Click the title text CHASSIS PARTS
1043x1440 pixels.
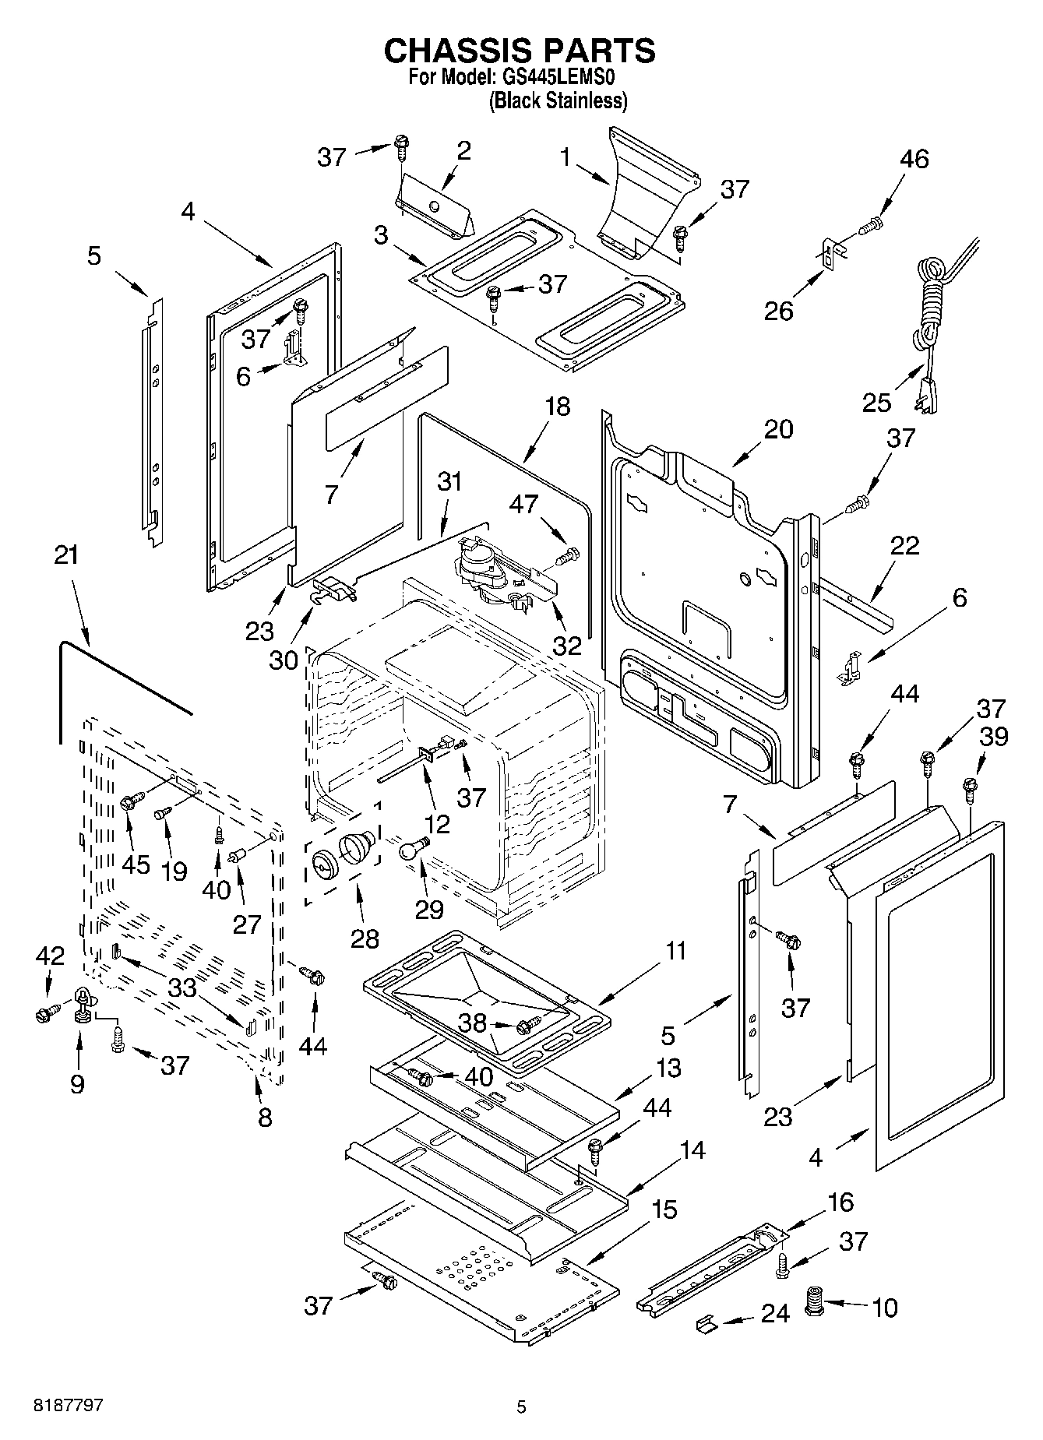point(520,51)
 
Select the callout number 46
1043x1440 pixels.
point(914,159)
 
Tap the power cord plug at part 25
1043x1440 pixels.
point(927,393)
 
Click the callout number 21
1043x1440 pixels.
point(67,556)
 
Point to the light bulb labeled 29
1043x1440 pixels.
point(412,850)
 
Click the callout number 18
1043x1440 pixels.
point(557,407)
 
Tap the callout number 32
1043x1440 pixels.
point(566,645)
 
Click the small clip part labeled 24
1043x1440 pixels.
point(706,1324)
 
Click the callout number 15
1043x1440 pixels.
point(664,1209)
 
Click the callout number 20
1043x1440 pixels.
point(778,429)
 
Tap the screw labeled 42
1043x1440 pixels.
point(44,1014)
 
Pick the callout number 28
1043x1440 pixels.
point(365,938)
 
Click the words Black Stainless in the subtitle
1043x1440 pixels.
point(558,101)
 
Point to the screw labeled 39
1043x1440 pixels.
point(970,789)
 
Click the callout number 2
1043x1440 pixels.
point(463,151)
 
